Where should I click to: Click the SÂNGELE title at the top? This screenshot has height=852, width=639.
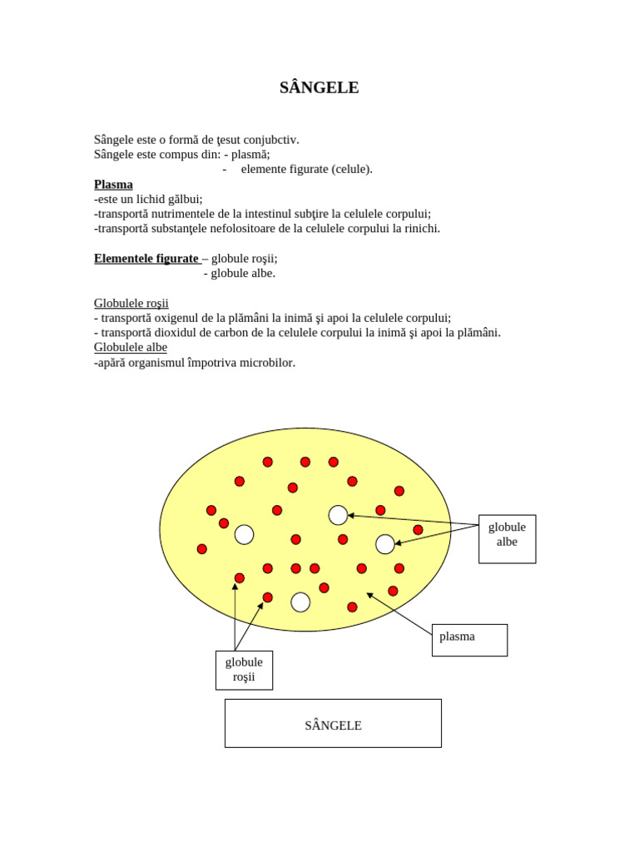319,87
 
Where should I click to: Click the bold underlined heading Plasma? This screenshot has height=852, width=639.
113,185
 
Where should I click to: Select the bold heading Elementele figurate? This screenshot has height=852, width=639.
146,259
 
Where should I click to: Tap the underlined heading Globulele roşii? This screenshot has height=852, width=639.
131,304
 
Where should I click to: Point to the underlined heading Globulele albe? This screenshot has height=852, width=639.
131,348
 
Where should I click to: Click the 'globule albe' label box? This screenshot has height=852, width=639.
507,538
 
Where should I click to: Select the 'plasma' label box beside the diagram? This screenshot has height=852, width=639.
469,640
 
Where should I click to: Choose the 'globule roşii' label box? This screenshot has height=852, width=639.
244,670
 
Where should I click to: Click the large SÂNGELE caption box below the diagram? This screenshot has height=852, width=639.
333,723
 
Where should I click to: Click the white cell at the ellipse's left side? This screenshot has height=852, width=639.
244,534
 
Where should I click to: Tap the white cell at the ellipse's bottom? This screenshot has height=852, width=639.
300,602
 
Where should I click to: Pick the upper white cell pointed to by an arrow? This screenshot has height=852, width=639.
338,515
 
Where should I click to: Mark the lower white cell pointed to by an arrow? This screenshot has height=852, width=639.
385,544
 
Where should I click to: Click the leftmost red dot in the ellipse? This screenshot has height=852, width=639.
201,549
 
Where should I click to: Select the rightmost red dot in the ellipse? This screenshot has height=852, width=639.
418,530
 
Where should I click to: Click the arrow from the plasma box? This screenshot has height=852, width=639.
399,614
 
